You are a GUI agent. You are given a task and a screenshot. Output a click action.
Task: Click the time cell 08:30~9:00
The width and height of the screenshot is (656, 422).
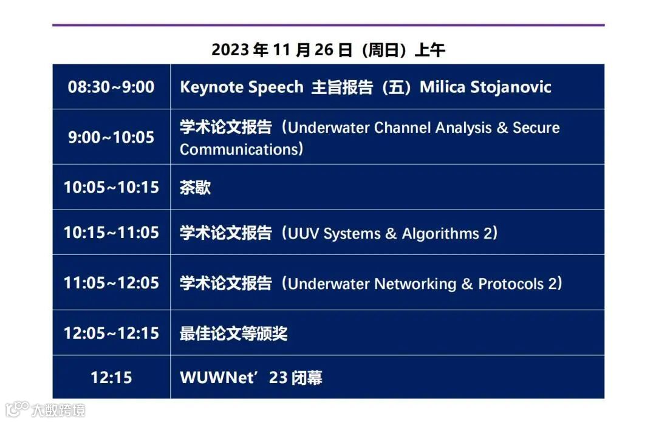pos(111,87)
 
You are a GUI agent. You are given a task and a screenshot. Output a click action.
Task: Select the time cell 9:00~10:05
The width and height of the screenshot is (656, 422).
pos(111,137)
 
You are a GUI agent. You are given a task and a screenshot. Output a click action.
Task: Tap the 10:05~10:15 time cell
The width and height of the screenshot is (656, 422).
pos(111,188)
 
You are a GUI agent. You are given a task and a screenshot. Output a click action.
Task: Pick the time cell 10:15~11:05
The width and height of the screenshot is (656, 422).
pos(111,233)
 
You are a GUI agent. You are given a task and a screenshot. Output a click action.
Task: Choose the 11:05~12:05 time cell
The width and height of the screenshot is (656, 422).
pos(111,283)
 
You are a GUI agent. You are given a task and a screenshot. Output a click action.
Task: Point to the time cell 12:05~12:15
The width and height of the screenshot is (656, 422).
pos(111,333)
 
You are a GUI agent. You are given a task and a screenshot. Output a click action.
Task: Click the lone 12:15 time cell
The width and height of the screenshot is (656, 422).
pos(111,378)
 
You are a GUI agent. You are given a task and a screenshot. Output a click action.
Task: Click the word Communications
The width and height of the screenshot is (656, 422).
pos(239,149)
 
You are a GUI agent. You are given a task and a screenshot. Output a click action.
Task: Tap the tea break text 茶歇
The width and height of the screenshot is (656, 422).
pos(196,188)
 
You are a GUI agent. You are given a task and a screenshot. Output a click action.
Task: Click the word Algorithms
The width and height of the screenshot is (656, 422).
pos(440,234)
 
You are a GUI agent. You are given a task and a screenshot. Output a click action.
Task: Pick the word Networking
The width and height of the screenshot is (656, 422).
pos(415,284)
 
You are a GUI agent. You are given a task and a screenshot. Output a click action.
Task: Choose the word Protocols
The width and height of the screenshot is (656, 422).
pos(511,284)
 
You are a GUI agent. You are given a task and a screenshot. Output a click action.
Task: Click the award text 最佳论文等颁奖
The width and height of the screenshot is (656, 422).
pos(233,333)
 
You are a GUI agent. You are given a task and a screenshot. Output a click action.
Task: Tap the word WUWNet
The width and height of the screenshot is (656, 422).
pos(217,378)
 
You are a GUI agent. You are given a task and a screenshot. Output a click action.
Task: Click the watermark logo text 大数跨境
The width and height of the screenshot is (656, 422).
pos(58,410)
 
